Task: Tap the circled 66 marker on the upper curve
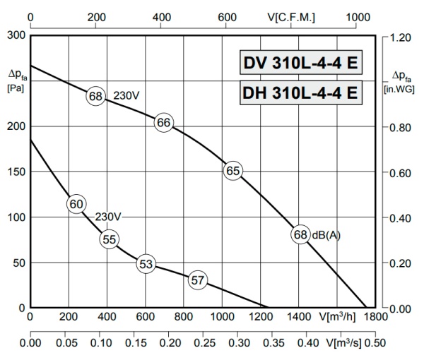164,123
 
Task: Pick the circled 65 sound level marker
233,170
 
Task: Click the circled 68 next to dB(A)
301,235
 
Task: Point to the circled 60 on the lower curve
77,204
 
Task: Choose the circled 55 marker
109,239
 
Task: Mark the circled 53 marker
146,265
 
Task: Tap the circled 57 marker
198,280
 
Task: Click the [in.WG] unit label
399,89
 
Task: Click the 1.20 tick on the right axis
400,36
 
